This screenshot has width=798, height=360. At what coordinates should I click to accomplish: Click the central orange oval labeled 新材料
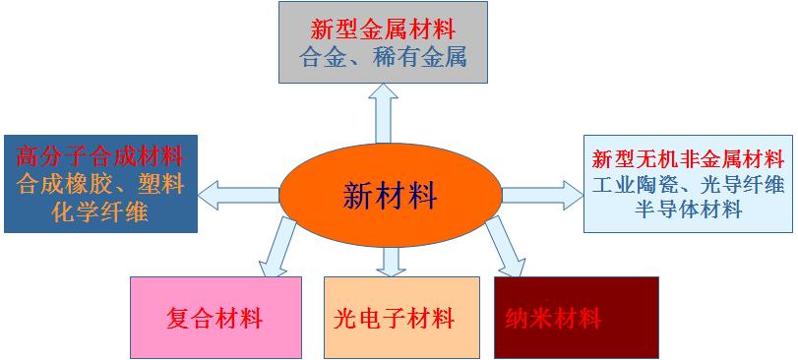(x=390, y=195)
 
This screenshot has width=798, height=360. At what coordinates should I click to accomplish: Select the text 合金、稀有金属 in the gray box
(x=382, y=56)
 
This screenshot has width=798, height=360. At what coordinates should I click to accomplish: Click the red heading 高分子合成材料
(x=100, y=155)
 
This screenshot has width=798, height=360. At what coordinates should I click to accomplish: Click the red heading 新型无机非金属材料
(x=688, y=158)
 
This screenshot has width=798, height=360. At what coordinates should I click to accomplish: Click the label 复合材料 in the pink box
(x=215, y=319)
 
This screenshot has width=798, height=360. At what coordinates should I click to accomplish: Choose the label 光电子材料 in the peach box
(x=401, y=319)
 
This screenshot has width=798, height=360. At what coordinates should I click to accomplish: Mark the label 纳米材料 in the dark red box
(x=552, y=319)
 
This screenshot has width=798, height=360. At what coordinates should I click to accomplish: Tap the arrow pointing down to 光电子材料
(x=392, y=260)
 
